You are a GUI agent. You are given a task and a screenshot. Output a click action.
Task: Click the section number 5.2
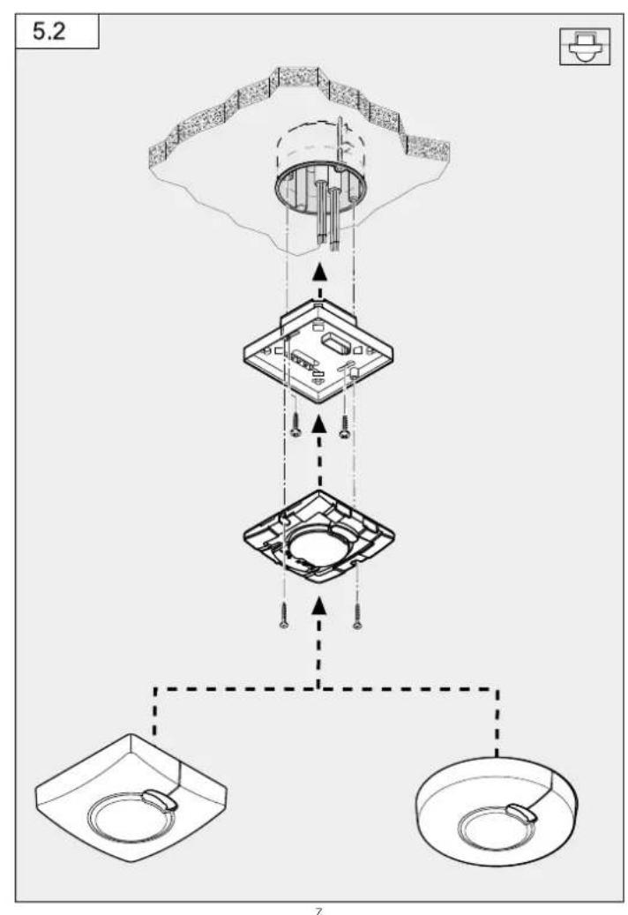(49, 30)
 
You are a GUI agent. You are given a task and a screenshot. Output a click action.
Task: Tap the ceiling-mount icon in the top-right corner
(585, 46)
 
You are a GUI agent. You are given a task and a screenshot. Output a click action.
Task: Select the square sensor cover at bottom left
(131, 798)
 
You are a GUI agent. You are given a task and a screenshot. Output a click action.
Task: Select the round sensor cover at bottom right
(497, 811)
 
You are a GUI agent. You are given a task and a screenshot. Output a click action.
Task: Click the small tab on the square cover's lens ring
(159, 799)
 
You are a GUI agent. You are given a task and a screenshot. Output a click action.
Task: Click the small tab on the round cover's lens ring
(522, 813)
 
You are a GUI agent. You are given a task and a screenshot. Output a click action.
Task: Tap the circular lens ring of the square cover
(131, 820)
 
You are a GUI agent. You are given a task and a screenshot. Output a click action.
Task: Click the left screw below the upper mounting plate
(295, 424)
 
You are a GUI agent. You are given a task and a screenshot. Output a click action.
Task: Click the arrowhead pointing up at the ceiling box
(318, 272)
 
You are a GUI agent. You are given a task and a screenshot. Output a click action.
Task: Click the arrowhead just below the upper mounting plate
(318, 424)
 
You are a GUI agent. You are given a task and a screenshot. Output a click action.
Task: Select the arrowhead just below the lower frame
(318, 605)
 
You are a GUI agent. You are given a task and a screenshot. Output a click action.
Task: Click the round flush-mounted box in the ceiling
(321, 190)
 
